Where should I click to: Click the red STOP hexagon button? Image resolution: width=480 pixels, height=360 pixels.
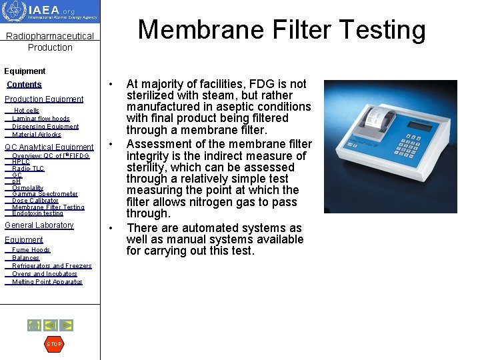pos(53,344)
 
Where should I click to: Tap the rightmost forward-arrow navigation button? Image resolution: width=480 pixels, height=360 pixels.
pos(66,325)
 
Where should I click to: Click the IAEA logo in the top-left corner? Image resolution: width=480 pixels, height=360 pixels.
pos(50,12)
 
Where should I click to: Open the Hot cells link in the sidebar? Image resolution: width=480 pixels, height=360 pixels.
pos(27,111)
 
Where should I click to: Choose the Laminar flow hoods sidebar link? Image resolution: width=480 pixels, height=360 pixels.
pos(41,119)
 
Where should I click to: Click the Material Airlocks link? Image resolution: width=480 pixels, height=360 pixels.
pos(36,135)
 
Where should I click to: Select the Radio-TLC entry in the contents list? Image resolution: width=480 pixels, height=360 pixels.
pos(28,169)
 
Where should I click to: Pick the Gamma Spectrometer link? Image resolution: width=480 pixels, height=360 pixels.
pos(45,194)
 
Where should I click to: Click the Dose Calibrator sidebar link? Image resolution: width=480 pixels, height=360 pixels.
pos(35,201)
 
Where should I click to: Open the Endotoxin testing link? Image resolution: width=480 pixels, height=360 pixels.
pos(37,213)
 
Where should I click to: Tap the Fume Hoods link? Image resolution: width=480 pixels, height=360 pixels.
pos(31,250)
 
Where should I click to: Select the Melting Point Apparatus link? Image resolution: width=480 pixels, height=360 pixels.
pos(47,282)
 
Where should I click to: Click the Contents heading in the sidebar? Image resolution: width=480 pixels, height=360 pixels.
pos(24,85)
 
